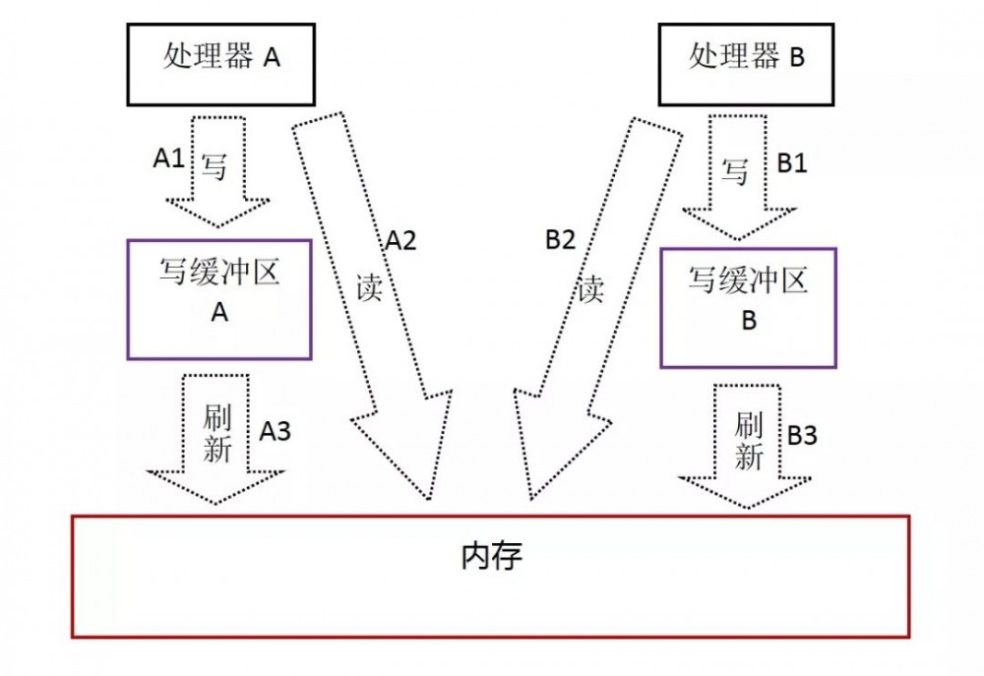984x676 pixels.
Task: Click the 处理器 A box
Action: (x=220, y=59)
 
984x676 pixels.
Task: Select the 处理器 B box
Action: (x=747, y=59)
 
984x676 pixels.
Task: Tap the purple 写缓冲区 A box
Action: (x=219, y=299)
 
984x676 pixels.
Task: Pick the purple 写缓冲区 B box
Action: (x=748, y=307)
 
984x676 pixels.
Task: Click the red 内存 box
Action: (x=490, y=576)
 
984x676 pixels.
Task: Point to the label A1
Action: (x=169, y=156)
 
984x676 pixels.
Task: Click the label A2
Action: (x=400, y=241)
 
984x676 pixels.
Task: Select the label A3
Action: (x=276, y=430)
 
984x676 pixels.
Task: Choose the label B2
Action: (x=560, y=241)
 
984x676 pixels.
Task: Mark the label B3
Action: (x=802, y=434)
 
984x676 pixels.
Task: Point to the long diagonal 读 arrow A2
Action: (x=372, y=295)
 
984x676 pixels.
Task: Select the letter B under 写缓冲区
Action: (x=749, y=322)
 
